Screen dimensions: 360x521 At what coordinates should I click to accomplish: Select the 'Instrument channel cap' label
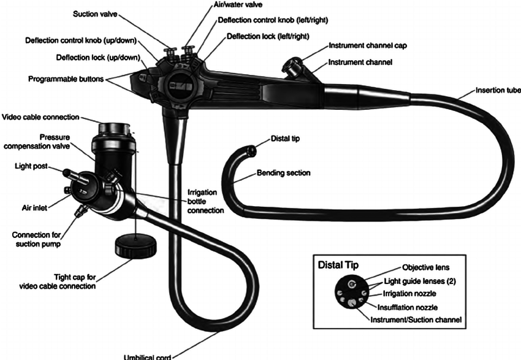[368, 46]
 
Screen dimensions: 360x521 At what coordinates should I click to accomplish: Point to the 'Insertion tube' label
[497, 91]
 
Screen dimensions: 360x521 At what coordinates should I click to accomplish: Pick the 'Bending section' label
[283, 173]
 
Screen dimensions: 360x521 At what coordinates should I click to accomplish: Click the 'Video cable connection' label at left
[41, 117]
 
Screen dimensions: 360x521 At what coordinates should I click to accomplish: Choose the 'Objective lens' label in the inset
[426, 267]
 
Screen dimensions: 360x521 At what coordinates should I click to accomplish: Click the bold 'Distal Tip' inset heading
[338, 266]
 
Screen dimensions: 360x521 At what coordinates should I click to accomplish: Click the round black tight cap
[134, 247]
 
